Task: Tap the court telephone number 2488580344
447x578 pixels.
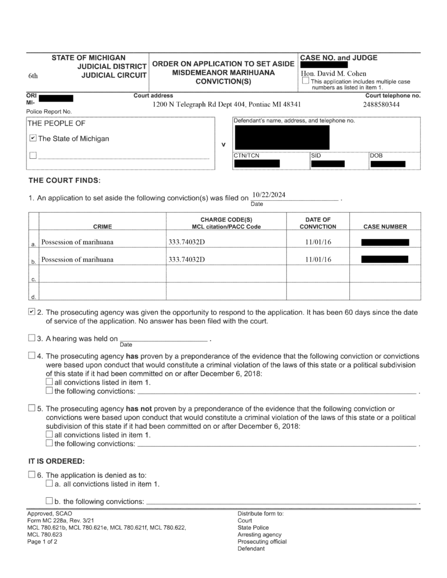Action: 381,104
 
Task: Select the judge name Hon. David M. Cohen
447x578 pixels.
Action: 334,74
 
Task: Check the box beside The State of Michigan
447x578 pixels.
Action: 33,139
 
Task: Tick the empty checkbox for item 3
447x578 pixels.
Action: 31,338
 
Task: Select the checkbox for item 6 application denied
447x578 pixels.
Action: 31,475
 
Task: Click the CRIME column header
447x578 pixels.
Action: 102,227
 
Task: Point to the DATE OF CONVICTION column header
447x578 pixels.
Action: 318,223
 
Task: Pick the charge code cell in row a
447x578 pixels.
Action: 187,242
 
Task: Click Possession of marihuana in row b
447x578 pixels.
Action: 77,260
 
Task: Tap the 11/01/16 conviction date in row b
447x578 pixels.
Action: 318,260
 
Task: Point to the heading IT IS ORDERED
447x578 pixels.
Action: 56,461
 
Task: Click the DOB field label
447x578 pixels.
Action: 377,155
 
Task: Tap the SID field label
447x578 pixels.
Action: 316,155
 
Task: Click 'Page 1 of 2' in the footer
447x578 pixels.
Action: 42,542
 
